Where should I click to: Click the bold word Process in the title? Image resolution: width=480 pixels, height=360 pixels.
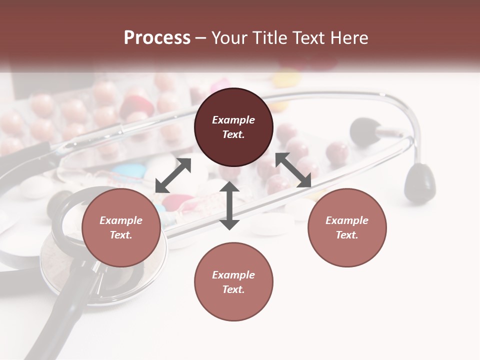tap(157, 38)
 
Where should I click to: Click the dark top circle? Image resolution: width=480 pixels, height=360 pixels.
tap(233, 127)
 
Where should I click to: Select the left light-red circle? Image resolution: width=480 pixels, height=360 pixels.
tap(121, 227)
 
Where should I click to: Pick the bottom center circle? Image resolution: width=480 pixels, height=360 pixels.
tap(233, 281)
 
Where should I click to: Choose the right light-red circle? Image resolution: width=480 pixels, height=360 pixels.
tap(347, 227)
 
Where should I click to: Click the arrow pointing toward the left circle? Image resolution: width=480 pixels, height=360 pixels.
tap(173, 175)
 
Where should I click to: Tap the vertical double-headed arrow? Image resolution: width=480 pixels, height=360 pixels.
tap(229, 205)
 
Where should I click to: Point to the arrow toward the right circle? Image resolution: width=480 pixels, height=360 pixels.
tap(293, 170)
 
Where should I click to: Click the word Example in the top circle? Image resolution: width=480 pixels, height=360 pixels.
tap(233, 120)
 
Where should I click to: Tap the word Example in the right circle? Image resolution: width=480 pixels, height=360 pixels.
tap(347, 220)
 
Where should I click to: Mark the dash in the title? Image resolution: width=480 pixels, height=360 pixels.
tap(200, 38)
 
